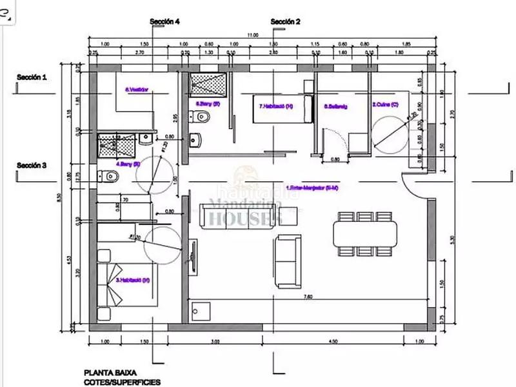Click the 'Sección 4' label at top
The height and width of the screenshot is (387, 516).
(164, 21)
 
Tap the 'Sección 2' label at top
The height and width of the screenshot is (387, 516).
(285, 21)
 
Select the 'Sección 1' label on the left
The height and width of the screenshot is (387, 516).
(32, 77)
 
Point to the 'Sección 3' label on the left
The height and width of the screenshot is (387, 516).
(32, 165)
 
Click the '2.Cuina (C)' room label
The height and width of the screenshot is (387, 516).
(384, 104)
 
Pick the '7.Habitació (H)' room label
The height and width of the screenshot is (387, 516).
(275, 106)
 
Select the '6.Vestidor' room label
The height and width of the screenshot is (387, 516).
(136, 90)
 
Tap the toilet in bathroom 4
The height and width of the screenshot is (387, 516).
(106, 175)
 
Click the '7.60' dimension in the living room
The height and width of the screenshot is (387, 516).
(308, 296)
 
